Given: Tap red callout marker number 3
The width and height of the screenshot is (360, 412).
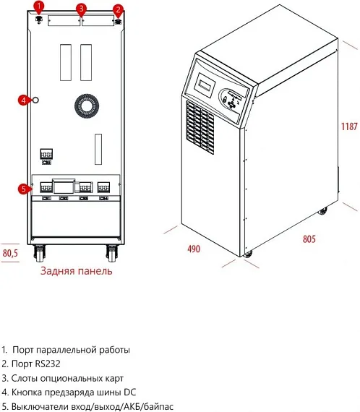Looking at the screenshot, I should coord(81,9).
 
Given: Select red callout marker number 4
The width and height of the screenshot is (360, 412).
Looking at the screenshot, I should coord(23,99).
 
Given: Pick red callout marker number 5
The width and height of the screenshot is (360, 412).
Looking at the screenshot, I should coord(24,189).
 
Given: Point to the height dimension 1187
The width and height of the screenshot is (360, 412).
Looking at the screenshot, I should coord(349,126).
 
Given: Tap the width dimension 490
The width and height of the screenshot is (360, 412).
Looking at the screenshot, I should coord(194,249).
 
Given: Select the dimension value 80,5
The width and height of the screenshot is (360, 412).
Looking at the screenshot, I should coord(11,253).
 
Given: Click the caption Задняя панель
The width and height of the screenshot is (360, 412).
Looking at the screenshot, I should coord(77,272).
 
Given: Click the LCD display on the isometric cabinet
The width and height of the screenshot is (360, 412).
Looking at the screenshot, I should coord(205,84).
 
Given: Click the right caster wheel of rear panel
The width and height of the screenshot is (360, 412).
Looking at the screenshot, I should coord(113,253).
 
